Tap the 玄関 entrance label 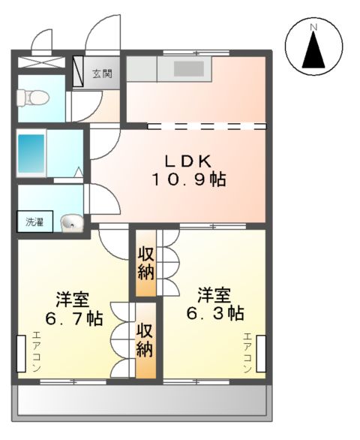pos(101,74)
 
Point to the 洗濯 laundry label pos(35,222)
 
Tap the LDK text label pos(190,160)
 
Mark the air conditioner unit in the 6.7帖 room pos(21,354)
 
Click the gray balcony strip pos(142,401)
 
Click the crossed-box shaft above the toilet pos(42,62)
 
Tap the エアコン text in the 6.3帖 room pos(247,354)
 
